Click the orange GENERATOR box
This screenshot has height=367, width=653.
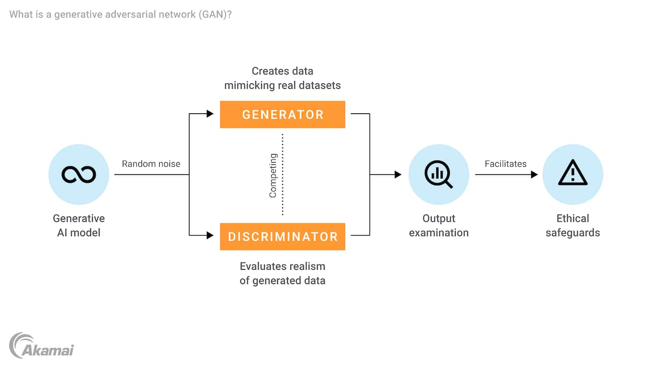[x=283, y=115]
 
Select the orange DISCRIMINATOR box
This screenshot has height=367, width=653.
[x=283, y=237]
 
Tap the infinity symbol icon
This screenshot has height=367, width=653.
[x=79, y=174]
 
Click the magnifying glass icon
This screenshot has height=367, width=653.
[x=439, y=174]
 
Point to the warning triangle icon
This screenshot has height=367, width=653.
[x=573, y=174]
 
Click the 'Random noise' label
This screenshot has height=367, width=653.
[x=151, y=164]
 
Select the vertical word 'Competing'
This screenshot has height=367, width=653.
[x=273, y=176]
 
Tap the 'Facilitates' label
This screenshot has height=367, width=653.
[x=506, y=164]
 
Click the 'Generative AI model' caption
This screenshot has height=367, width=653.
[x=79, y=226]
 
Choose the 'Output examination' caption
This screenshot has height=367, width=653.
[x=439, y=226]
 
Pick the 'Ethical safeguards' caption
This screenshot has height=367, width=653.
[x=573, y=226]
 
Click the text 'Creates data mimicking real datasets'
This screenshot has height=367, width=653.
[x=283, y=78]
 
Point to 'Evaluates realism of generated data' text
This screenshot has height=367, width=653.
[x=283, y=273]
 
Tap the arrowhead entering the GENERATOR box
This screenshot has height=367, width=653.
[x=210, y=114]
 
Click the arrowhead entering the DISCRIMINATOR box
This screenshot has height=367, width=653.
[x=210, y=235]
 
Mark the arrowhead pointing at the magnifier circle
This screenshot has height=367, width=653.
[x=398, y=174]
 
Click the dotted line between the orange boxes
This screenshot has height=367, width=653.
[x=283, y=174]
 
